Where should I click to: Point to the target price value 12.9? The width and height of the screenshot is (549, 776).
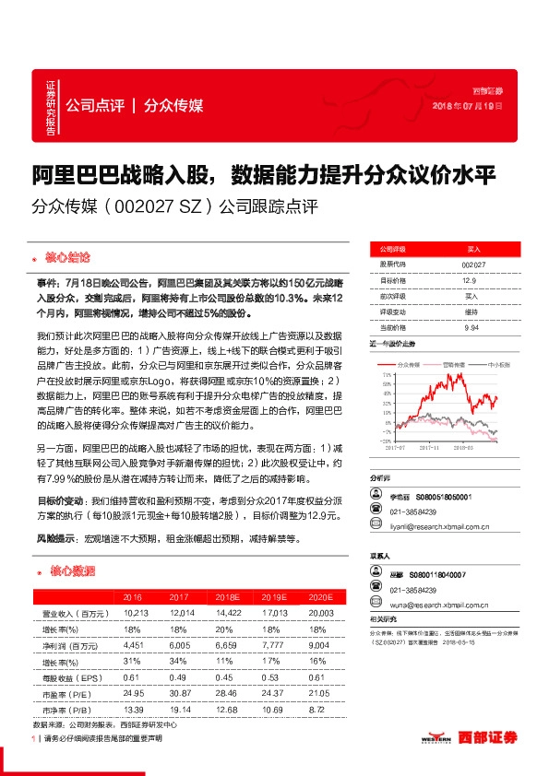tap(469, 280)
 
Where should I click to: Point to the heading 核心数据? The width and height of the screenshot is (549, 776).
tap(71, 571)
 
